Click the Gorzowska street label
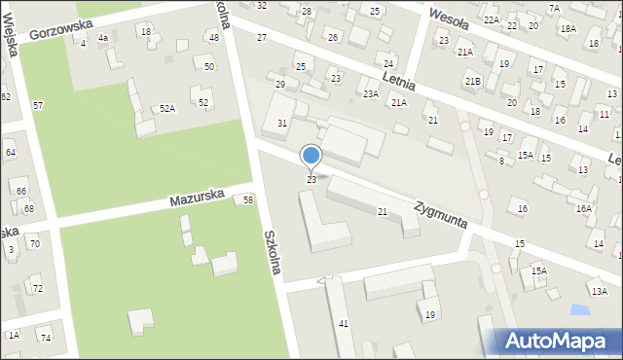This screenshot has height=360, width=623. click(x=67, y=27)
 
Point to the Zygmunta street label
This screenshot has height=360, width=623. click(x=440, y=214)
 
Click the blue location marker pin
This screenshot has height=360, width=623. click(x=311, y=157)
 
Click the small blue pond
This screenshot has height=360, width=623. click(x=579, y=310)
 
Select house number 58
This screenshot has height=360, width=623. click(x=248, y=199)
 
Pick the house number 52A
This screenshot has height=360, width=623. click(x=167, y=108)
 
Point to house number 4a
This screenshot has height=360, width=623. click(x=102, y=38)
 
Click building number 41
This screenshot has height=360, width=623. click(x=343, y=323)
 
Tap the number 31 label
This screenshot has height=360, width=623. click(x=282, y=123)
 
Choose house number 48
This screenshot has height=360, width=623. click(x=213, y=38)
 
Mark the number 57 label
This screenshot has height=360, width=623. click(x=38, y=105)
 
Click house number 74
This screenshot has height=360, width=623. click(x=45, y=337)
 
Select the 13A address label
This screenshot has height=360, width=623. click(x=598, y=291)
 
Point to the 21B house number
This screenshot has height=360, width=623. click(x=472, y=81)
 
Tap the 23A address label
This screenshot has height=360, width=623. click(x=370, y=94)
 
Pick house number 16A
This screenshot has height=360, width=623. click(x=583, y=208)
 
